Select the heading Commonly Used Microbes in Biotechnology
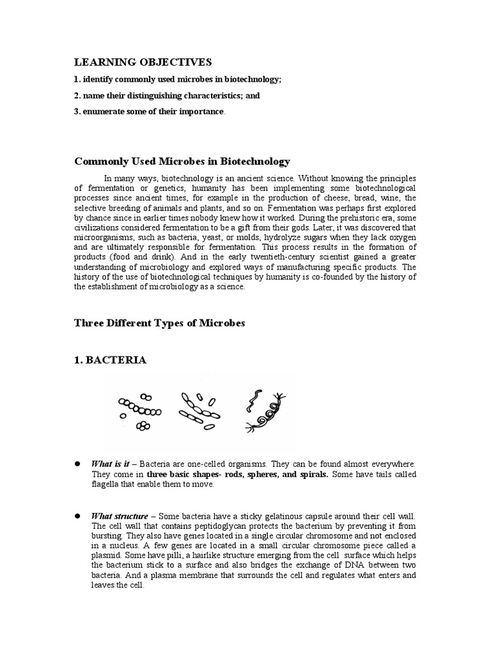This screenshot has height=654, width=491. [182, 162]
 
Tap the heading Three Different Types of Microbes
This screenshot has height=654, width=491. [160, 323]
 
